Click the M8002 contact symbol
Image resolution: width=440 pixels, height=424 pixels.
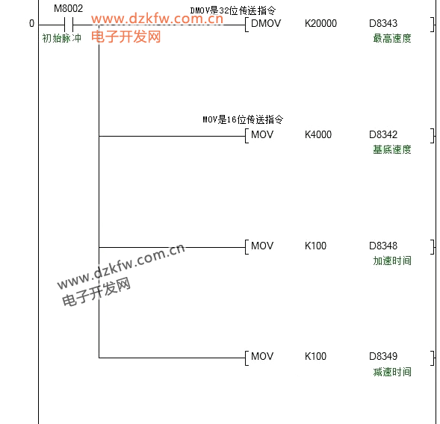[69, 25]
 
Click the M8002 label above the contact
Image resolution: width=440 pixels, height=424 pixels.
[69, 9]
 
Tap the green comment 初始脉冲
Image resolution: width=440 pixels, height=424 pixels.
[62, 38]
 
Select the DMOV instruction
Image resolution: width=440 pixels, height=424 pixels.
[266, 23]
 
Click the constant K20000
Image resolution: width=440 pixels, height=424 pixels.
[320, 23]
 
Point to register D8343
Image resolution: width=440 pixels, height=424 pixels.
[383, 23]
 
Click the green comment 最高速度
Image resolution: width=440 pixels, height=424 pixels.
[392, 38]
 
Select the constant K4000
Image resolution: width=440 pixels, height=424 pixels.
[318, 134]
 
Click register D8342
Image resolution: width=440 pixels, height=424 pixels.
[383, 134]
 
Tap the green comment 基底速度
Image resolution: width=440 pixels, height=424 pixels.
[392, 150]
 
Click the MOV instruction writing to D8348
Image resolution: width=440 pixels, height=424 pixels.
[262, 246]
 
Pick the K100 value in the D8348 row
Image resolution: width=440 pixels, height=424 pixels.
[316, 246]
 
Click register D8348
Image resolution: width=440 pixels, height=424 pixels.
[383, 246]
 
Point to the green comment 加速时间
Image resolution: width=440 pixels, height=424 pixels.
[392, 261]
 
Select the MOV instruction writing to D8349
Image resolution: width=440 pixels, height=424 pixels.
[262, 356]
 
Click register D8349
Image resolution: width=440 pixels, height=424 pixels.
[383, 356]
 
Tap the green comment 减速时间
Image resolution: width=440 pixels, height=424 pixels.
[392, 372]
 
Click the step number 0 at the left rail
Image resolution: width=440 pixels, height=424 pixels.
[31, 24]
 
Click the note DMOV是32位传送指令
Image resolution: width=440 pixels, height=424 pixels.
[233, 10]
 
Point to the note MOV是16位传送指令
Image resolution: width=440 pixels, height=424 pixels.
[243, 119]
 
